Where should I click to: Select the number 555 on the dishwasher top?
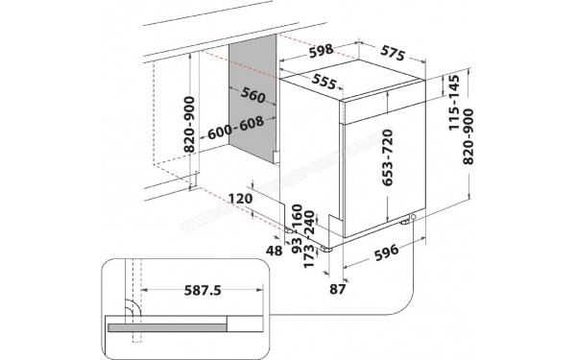(324, 84)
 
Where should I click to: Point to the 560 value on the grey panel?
(252, 95)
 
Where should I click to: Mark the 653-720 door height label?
(390, 157)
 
